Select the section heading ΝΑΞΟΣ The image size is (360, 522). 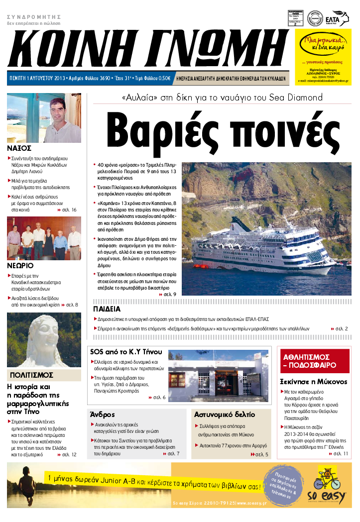pos(20,148)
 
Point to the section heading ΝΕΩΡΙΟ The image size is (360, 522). pos(21,265)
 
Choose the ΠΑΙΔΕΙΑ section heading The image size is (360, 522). pos(108,309)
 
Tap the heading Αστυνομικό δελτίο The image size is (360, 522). pos(225,415)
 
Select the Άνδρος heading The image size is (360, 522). pos(103,414)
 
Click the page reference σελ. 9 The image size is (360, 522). pos(169,295)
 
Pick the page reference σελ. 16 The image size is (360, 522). pos(69,210)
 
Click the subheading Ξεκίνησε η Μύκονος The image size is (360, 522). pos(313,382)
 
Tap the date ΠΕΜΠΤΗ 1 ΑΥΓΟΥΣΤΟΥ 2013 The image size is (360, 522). pos(37,79)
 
